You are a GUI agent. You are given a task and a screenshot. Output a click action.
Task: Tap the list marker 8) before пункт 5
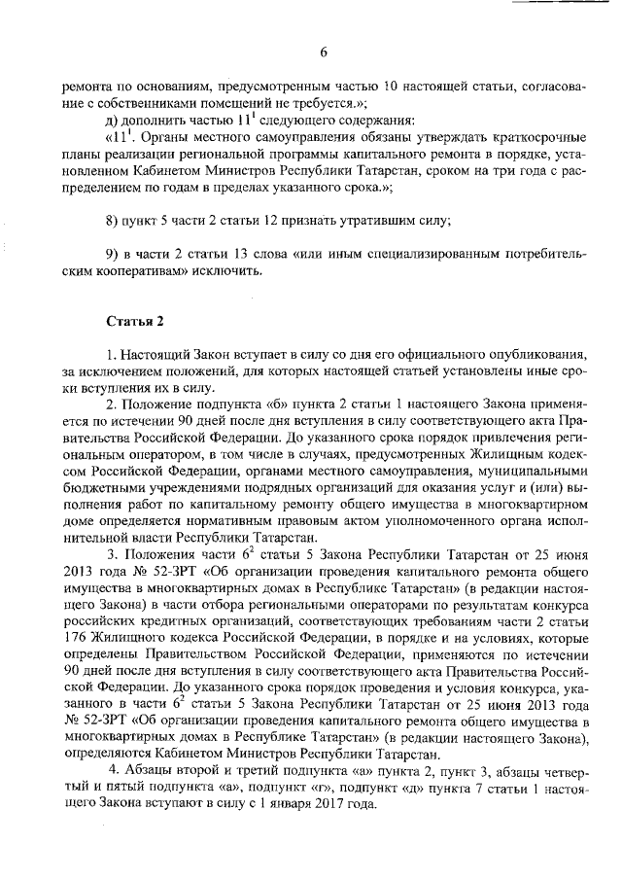click(112, 219)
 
